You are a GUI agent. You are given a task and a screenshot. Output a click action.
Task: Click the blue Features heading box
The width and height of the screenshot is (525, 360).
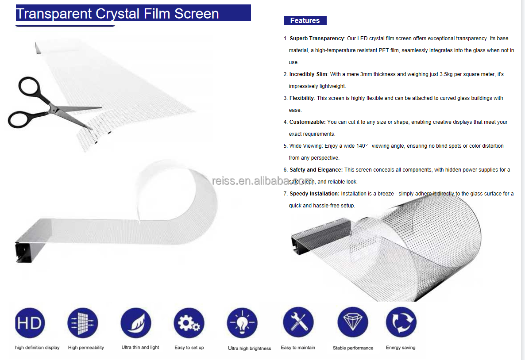coord(305,20)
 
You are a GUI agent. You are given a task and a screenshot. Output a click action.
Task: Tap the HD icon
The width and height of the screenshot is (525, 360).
coord(30,323)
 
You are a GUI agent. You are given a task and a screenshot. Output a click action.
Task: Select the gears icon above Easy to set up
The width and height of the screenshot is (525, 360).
coord(189,323)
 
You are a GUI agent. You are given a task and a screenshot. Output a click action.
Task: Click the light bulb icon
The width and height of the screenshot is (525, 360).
coord(242,323)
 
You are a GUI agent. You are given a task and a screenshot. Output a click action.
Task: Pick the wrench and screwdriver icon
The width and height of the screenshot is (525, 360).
coord(298,322)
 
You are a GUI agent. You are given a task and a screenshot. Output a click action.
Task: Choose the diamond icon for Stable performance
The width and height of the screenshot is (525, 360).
coord(353,322)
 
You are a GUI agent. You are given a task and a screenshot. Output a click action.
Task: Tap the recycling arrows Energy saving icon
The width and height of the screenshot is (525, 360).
coord(401,322)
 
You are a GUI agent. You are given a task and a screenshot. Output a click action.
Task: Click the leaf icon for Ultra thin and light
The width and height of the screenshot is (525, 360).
coord(136,323)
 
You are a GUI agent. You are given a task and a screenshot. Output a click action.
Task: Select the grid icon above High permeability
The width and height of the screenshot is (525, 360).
coord(83,323)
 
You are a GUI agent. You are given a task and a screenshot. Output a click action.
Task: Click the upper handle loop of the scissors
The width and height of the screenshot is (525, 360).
coord(20,88)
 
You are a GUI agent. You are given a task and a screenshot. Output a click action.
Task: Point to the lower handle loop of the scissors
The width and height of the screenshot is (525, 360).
coord(10,122)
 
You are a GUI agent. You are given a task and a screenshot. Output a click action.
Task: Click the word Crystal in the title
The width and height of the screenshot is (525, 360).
coord(117,14)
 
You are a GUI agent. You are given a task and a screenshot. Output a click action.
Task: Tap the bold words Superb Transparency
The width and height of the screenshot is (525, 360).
coord(317,38)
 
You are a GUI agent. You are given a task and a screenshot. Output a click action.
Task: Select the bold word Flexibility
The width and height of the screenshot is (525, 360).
coord(301,98)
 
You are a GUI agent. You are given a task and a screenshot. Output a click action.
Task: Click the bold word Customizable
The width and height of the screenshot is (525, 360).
coord(307,122)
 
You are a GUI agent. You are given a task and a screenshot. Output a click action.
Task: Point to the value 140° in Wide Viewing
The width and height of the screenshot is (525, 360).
coord(362,146)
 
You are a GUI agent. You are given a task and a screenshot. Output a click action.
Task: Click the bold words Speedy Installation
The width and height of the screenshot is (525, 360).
coord(315,194)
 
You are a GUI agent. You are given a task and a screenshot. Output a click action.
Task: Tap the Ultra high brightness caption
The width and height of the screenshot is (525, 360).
coord(250,349)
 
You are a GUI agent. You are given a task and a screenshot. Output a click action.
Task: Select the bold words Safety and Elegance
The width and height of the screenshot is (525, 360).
coord(316,170)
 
